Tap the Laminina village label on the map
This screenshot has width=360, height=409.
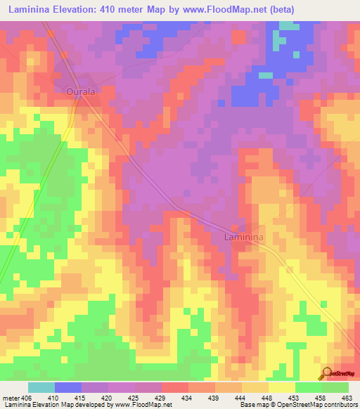point(243,238)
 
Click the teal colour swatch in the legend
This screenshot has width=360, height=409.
point(41,387)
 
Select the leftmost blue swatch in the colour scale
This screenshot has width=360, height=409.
point(68,387)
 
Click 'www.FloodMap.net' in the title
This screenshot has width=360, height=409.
point(219,10)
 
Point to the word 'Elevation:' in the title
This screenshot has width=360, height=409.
point(82,10)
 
